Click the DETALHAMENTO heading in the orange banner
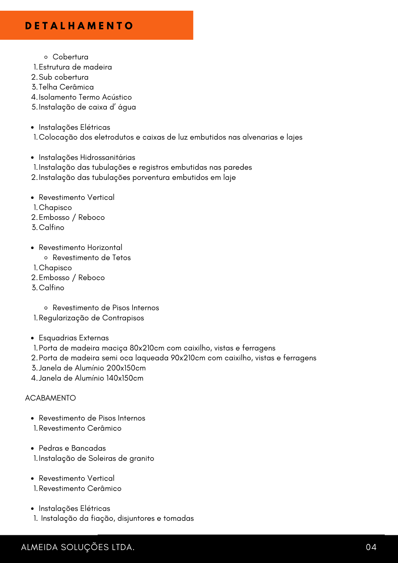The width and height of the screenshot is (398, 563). pyautogui.click(x=79, y=26)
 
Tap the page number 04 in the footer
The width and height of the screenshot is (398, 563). pyautogui.click(x=371, y=547)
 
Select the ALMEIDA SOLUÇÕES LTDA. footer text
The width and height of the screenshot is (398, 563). pyautogui.click(x=78, y=547)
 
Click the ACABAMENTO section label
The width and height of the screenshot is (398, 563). pyautogui.click(x=50, y=398)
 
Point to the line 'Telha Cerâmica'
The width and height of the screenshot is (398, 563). pyautogui.click(x=66, y=87)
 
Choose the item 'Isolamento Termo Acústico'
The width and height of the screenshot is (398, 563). pyautogui.click(x=85, y=97)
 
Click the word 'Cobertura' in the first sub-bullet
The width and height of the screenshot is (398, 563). pyautogui.click(x=70, y=57)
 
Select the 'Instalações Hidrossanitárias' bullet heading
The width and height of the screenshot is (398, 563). pyautogui.click(x=87, y=157)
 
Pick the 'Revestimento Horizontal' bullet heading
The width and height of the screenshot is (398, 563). pyautogui.click(x=81, y=247)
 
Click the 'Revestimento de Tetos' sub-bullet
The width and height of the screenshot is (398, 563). pyautogui.click(x=91, y=258)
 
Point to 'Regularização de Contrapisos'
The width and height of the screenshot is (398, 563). pyautogui.click(x=91, y=318)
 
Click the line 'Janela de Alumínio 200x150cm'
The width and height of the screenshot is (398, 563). pyautogui.click(x=92, y=368)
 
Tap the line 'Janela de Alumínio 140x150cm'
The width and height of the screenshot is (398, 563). pyautogui.click(x=91, y=378)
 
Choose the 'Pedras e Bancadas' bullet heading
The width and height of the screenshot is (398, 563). pyautogui.click(x=72, y=448)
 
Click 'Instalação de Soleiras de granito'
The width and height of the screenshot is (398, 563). pyautogui.click(x=96, y=458)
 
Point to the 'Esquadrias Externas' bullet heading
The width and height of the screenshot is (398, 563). pyautogui.click(x=74, y=338)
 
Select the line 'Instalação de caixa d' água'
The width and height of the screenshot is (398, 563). pyautogui.click(x=87, y=107)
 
